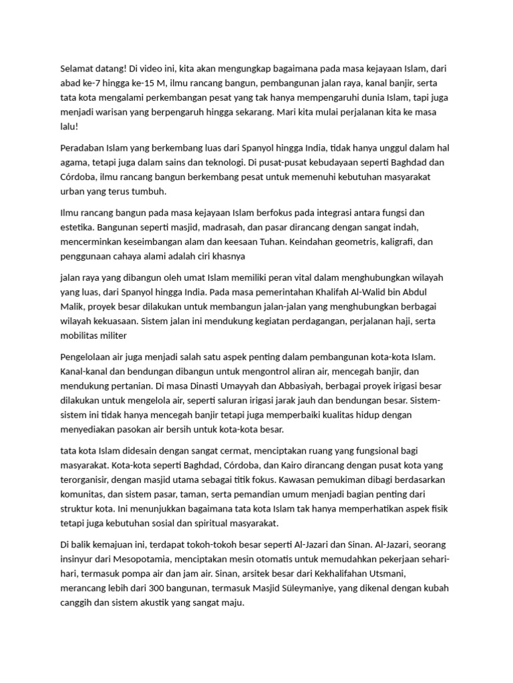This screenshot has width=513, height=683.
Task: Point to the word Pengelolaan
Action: (90, 357)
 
